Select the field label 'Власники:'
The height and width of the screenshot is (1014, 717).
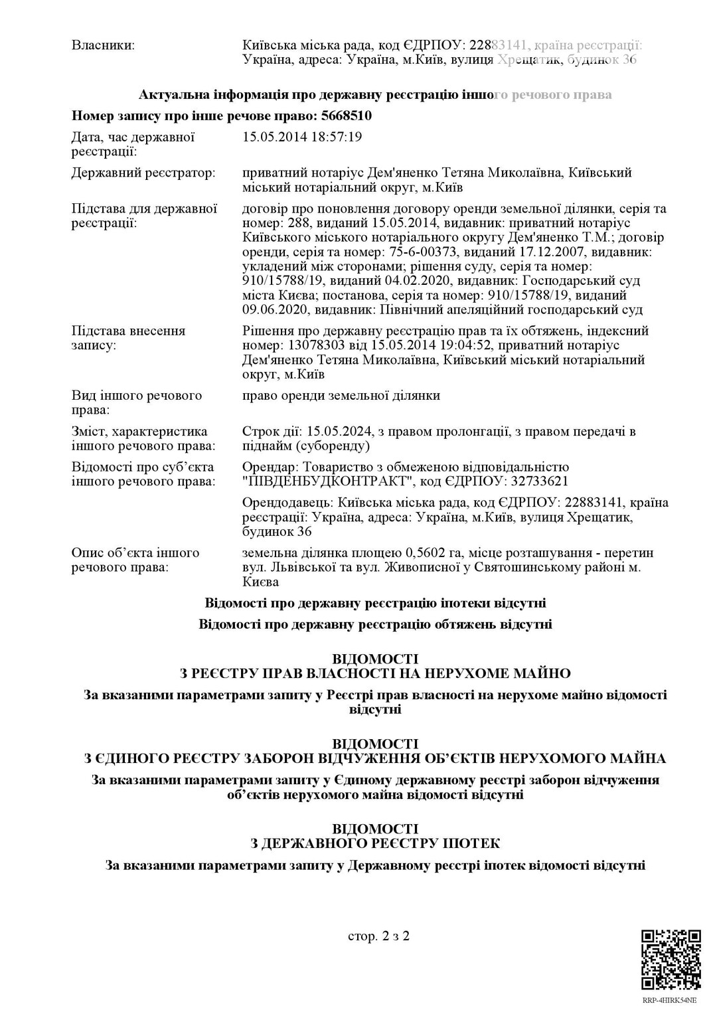pyautogui.click(x=103, y=45)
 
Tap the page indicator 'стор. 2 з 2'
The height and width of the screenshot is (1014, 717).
pyautogui.click(x=378, y=936)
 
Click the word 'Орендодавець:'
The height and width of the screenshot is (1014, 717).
pyautogui.click(x=287, y=503)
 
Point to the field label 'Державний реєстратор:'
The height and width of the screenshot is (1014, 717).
pyautogui.click(x=143, y=173)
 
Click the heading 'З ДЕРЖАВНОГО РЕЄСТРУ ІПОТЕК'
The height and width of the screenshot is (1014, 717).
pyautogui.click(x=375, y=843)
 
